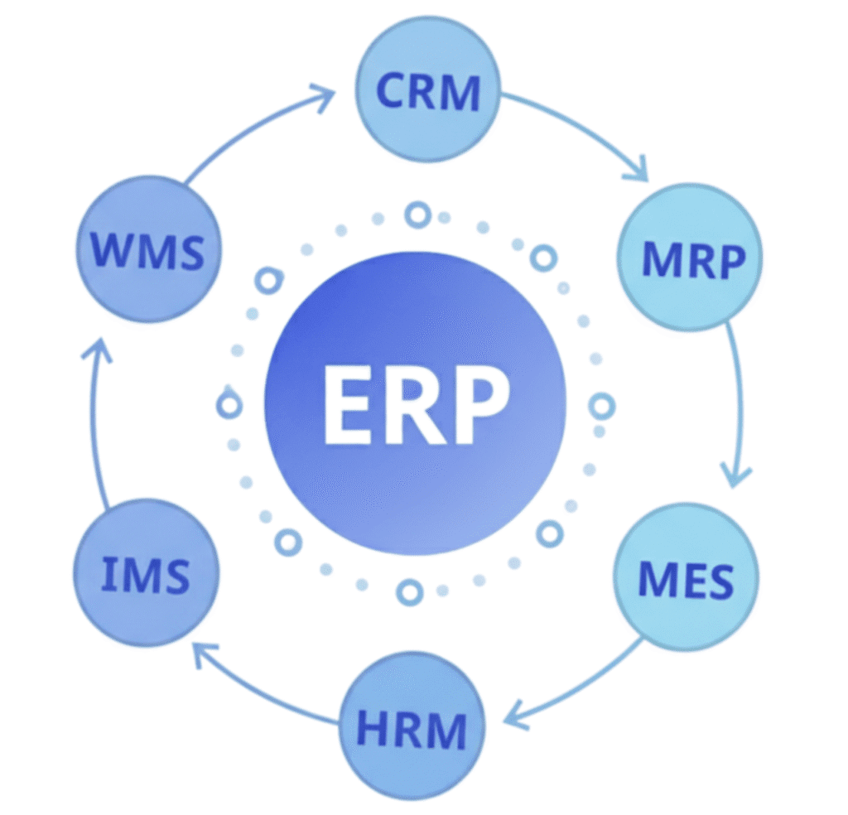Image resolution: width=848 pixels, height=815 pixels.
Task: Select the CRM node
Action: tap(428, 90)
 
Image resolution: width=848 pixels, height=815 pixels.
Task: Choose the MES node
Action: tap(686, 576)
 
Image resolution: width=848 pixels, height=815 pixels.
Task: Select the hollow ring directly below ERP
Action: tap(408, 591)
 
